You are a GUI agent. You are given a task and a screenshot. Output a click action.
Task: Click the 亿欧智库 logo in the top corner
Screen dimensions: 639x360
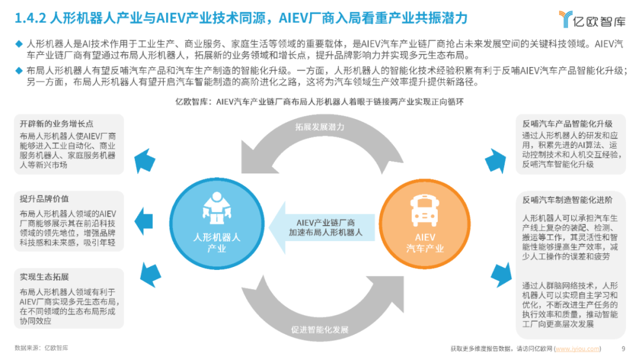tap(592, 19)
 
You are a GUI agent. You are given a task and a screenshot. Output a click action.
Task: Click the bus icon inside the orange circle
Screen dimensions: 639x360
tap(425, 210)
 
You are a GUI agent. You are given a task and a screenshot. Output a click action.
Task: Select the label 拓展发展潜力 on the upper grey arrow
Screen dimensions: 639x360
tap(320, 127)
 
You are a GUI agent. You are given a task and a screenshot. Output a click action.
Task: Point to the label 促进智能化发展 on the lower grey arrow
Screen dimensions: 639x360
tap(320, 329)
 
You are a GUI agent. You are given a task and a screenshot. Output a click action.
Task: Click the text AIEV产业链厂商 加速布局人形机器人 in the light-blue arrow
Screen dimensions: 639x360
tap(325, 227)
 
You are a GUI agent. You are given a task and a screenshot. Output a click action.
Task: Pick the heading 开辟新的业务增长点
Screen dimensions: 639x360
tap(57, 124)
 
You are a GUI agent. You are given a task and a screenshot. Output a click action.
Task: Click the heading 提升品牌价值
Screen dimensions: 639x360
tap(44, 199)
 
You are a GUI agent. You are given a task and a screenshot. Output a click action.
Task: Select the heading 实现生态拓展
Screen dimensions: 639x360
tap(44, 277)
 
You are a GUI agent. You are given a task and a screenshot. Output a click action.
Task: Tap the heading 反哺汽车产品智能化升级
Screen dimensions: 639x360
tap(567, 124)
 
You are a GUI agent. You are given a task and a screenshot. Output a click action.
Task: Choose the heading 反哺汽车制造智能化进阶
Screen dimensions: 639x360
tap(567, 200)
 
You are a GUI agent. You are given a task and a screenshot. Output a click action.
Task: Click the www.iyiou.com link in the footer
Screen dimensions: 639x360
tap(577, 349)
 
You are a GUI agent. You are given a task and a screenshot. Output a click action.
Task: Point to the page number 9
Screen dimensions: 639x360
tap(623, 349)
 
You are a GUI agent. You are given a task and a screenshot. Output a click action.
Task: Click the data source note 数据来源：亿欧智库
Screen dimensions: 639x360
tap(41, 348)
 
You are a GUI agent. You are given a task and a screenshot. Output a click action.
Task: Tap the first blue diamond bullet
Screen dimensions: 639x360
tap(19, 44)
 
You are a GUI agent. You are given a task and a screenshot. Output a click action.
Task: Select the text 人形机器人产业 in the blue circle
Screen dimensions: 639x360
tap(217, 243)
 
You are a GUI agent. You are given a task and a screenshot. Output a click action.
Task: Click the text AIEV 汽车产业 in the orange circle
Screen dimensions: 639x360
tap(425, 243)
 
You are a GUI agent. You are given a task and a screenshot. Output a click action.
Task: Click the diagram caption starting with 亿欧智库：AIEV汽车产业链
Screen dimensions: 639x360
tap(319, 101)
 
